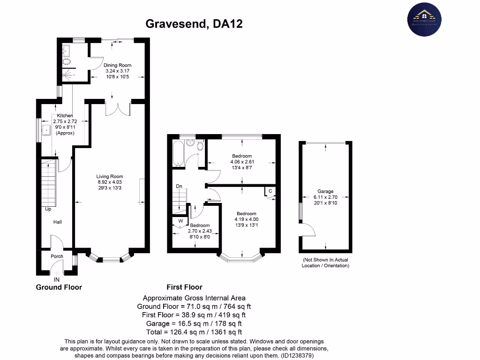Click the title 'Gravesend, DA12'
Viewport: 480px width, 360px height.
(x=194, y=23)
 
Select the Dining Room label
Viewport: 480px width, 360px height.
(x=117, y=65)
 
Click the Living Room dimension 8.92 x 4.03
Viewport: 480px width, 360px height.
(x=110, y=183)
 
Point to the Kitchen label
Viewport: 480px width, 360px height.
(x=65, y=115)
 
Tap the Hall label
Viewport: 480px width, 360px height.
(x=57, y=222)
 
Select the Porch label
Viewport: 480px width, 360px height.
(x=57, y=256)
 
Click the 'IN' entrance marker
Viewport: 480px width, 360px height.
(x=57, y=280)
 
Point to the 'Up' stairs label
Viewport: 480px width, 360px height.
(x=48, y=209)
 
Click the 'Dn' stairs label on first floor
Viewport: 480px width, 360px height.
(x=179, y=186)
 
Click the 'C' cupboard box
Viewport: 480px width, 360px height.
(x=270, y=191)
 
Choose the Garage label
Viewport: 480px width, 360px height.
(x=325, y=191)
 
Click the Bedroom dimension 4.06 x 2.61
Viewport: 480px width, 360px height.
(x=241, y=162)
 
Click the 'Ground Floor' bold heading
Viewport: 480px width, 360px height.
(x=59, y=287)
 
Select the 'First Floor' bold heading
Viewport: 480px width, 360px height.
(x=185, y=287)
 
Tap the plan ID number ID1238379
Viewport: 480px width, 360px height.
(x=297, y=356)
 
